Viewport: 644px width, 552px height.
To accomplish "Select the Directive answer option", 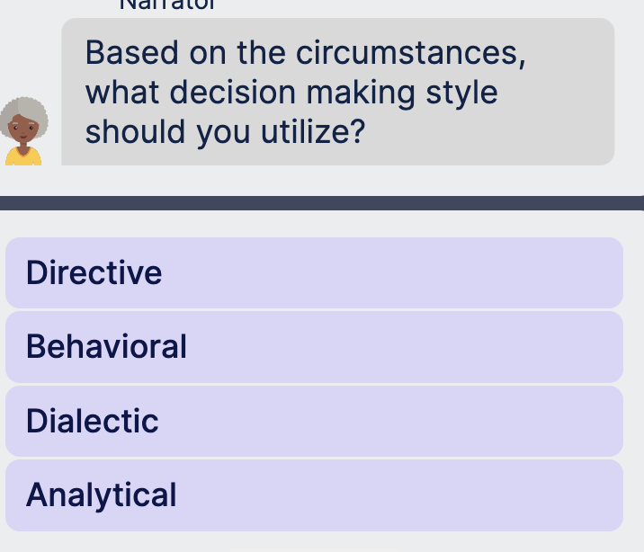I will coord(313,272).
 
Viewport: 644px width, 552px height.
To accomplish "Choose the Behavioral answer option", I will coord(313,347).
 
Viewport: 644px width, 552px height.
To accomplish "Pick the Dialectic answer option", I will coord(313,421).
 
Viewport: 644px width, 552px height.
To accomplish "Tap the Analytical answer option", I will coord(313,495).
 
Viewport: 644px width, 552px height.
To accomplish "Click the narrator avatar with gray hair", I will coord(24,131).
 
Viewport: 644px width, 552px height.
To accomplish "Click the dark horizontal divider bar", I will coord(322,203).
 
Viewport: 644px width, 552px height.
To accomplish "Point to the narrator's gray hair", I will coord(24,111).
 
